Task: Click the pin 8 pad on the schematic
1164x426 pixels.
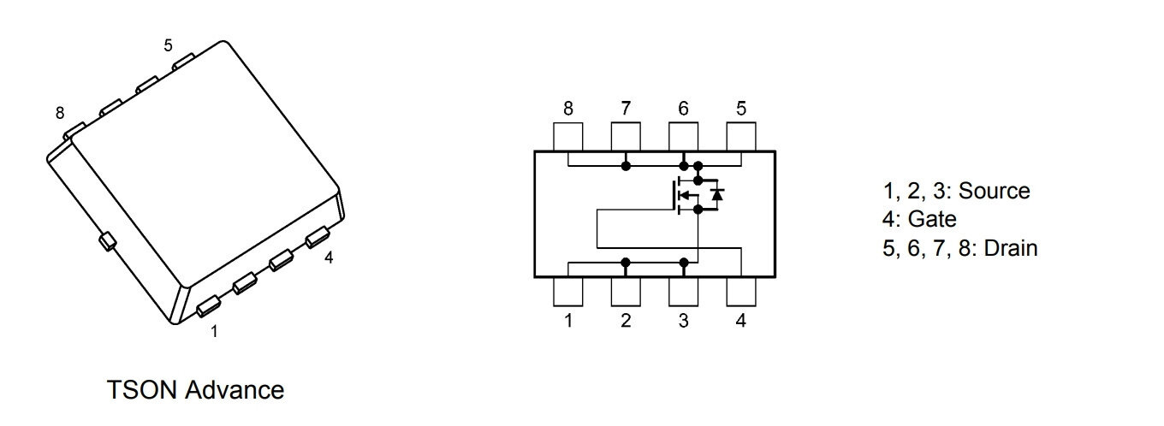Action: tap(568, 137)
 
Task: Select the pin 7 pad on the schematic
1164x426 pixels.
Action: tap(626, 137)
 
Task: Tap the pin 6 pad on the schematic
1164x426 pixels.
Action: tap(683, 137)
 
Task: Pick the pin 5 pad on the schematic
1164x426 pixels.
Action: tap(740, 137)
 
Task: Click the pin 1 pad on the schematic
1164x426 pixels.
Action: tap(568, 291)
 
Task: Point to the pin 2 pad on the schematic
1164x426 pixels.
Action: tap(626, 291)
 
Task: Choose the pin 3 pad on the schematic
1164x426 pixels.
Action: tap(683, 291)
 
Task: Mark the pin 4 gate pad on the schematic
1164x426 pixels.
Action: tap(740, 291)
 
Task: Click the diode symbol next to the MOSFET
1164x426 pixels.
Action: tap(717, 194)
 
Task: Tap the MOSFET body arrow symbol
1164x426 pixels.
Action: tap(683, 195)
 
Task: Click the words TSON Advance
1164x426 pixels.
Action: tap(195, 391)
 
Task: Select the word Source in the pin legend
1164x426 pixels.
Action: tap(995, 191)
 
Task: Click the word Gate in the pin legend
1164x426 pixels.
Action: tap(932, 219)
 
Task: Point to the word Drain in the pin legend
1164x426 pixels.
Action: tap(1011, 248)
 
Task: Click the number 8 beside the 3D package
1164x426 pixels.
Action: tap(60, 113)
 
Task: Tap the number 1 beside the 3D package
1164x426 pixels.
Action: tap(214, 331)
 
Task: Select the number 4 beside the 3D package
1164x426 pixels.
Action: tap(329, 257)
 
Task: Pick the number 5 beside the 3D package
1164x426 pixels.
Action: tap(168, 46)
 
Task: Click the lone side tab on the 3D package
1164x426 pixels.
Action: tap(107, 242)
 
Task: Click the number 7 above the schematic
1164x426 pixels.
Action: tap(626, 109)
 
